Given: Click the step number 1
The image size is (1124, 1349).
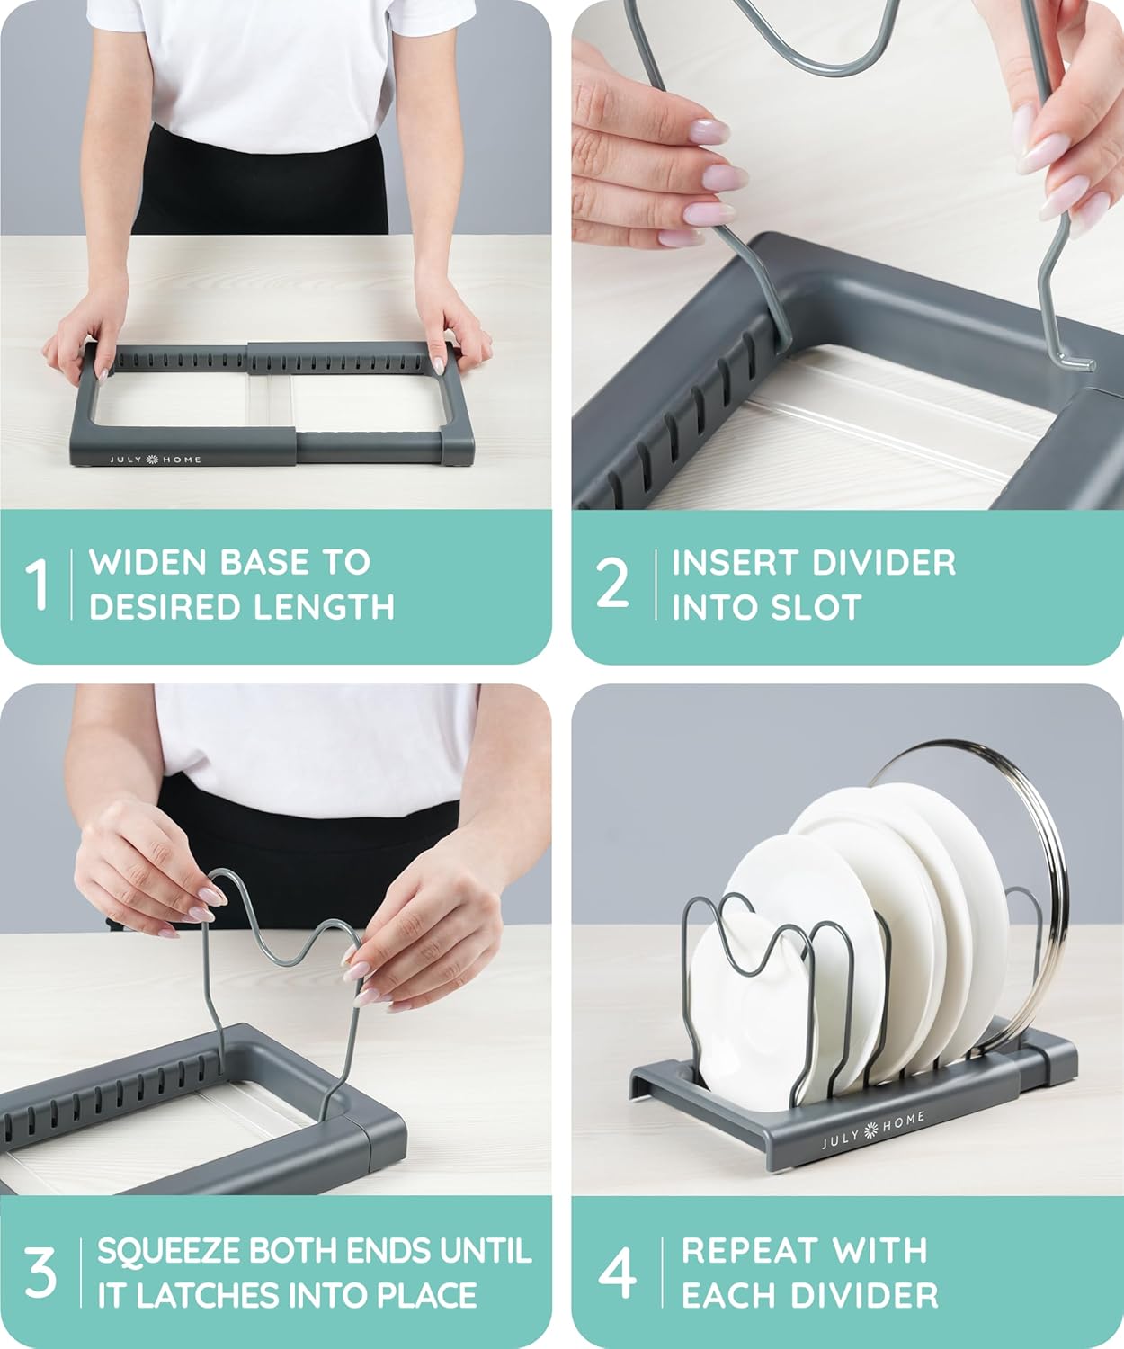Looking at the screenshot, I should (37, 585).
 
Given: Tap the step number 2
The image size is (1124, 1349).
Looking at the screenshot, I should (613, 584).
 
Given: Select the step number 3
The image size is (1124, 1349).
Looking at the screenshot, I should (40, 1273).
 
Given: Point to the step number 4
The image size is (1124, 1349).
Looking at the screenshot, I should (618, 1273).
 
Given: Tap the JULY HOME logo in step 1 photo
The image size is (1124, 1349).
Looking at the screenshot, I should (156, 460).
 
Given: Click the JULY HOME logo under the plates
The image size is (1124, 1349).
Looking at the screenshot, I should (872, 1131).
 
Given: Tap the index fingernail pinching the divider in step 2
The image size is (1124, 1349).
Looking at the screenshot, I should (708, 130).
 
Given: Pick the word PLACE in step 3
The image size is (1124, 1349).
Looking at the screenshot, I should (427, 1295).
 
